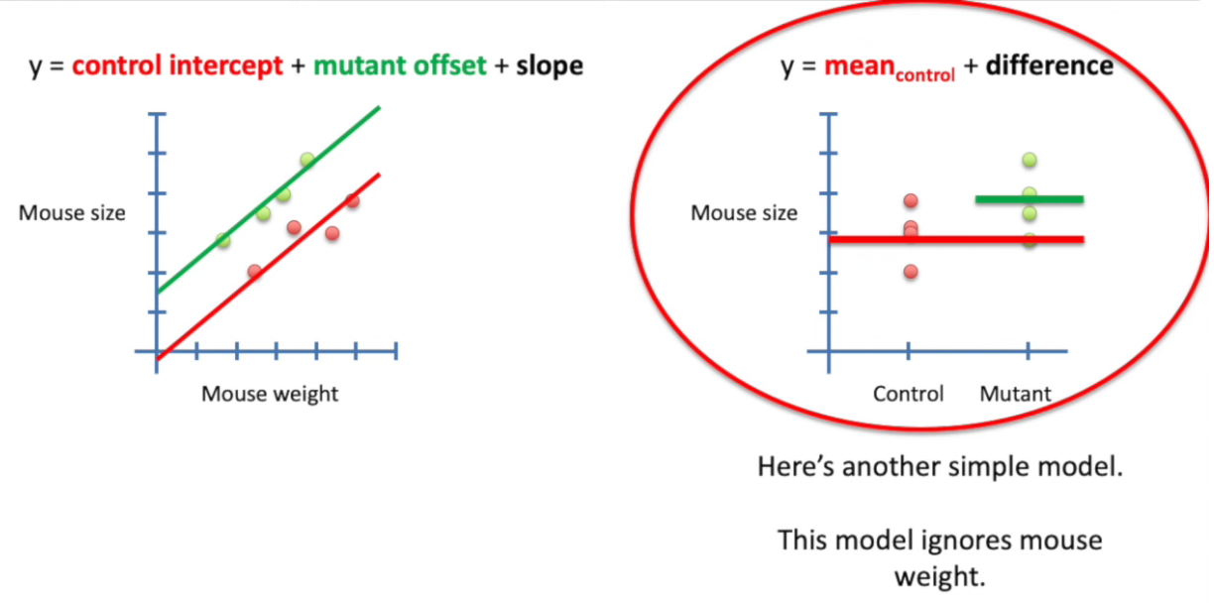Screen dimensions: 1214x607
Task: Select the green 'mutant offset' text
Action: (x=400, y=66)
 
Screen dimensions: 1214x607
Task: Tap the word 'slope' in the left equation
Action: (x=549, y=66)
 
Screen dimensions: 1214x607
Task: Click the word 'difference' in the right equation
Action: (x=1048, y=66)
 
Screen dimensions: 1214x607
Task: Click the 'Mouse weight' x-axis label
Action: (x=270, y=394)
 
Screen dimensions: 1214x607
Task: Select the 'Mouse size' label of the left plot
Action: (x=72, y=212)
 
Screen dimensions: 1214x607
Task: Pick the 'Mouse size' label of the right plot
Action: (x=744, y=212)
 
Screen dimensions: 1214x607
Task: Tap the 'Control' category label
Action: (x=909, y=394)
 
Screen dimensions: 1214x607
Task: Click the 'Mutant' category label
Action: (x=1015, y=394)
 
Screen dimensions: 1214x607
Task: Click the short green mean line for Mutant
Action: (x=1029, y=199)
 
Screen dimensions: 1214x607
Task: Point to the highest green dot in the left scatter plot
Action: (x=307, y=160)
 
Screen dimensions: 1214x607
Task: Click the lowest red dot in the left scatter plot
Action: (x=254, y=271)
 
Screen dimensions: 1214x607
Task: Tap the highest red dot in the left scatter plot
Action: (x=352, y=200)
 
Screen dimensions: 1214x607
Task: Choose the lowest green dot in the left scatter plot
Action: (x=223, y=240)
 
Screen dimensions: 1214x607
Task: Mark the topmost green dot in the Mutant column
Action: (x=1030, y=160)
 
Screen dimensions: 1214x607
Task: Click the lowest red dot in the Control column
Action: (x=910, y=271)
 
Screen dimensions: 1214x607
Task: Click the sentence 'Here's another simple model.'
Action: (x=939, y=466)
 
